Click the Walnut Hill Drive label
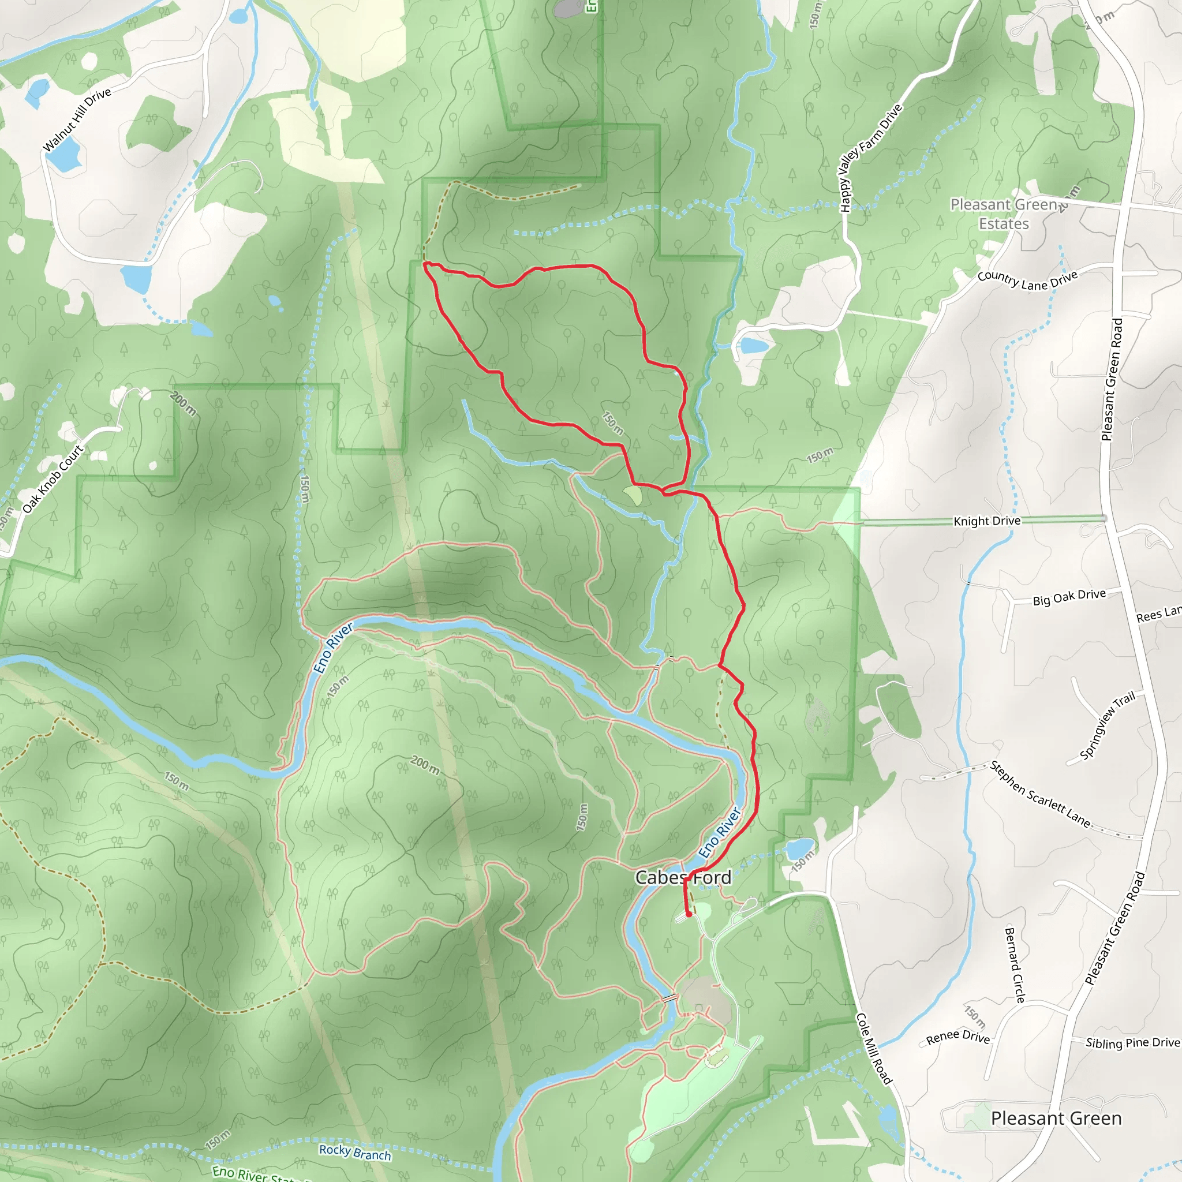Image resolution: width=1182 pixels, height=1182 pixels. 77,120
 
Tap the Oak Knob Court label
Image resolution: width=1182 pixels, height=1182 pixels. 53,479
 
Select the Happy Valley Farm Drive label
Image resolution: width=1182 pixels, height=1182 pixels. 870,158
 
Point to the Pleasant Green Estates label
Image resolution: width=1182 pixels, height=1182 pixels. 1004,214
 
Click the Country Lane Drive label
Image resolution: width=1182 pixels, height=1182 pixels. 1027,280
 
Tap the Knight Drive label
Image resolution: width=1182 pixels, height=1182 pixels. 987,521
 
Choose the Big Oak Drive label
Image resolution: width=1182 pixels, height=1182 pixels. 1069,597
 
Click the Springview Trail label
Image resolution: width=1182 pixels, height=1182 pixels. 1107,725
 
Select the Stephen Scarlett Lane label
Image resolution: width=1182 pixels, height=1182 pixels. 1040,794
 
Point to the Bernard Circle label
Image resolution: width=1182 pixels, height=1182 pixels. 1015,965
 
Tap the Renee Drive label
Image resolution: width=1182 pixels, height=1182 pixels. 957,1037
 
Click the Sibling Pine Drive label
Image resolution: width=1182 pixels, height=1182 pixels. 1132,1042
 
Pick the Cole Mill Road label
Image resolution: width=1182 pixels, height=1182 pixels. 874,1048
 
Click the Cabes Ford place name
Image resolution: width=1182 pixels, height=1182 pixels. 683,878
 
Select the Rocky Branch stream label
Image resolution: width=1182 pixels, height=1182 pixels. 355,1152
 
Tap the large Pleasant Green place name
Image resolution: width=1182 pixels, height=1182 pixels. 1056,1119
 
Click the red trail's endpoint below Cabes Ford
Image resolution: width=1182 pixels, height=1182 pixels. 689,915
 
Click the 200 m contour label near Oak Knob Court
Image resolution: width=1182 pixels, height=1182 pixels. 184,403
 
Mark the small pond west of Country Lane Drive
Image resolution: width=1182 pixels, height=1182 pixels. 754,346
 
